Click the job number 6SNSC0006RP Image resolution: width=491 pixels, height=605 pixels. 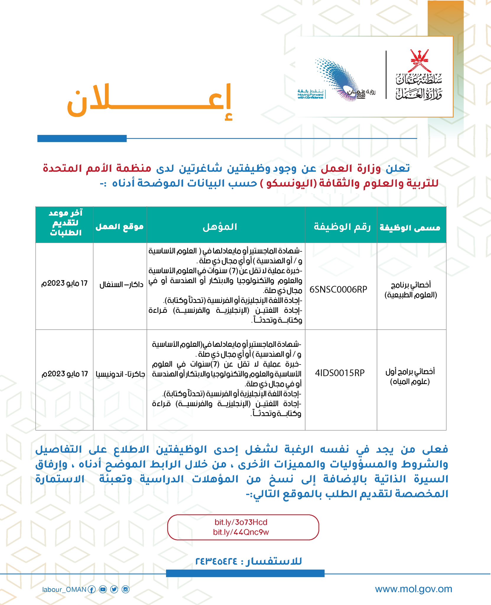point(338,290)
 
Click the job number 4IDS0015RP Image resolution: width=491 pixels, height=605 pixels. point(340,373)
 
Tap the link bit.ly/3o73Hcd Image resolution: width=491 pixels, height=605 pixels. point(241,522)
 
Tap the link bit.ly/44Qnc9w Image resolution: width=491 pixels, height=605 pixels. point(241,532)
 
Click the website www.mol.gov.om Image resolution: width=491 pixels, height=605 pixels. point(413,589)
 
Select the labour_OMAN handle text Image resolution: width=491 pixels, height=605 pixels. point(64,590)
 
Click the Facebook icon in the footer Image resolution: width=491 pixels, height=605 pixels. point(92,590)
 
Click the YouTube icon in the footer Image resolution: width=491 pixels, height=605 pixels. point(103,590)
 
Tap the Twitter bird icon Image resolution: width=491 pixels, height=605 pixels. point(114,590)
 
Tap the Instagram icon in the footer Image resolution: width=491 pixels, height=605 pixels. point(126,590)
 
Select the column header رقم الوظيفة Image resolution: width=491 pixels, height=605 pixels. point(342,227)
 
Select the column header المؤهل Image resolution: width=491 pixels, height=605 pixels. point(220,227)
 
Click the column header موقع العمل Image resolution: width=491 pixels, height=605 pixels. point(120,227)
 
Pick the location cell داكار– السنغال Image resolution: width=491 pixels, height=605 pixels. point(121,285)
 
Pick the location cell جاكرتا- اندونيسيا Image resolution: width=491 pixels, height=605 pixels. point(120,374)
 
